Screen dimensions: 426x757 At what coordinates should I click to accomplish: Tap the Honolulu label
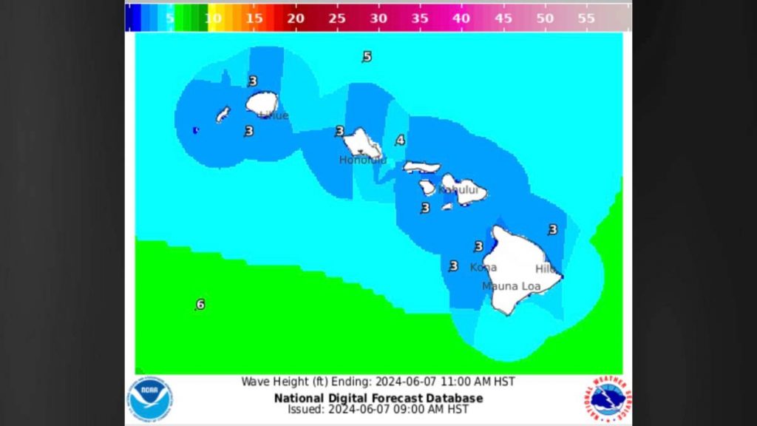pyautogui.click(x=362, y=160)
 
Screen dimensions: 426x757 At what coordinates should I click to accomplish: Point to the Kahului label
pyautogui.click(x=458, y=190)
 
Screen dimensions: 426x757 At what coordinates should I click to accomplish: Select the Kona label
pyautogui.click(x=483, y=267)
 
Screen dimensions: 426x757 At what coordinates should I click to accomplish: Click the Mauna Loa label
pyautogui.click(x=511, y=286)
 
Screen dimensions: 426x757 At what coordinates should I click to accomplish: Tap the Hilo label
pyautogui.click(x=546, y=269)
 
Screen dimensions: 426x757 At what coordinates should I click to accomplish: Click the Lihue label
pyautogui.click(x=273, y=115)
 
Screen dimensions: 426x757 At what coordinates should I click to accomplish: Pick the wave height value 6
pyautogui.click(x=200, y=305)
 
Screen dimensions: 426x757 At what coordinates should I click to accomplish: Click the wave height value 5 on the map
pyautogui.click(x=367, y=57)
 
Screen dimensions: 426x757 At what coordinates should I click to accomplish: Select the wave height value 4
pyautogui.click(x=400, y=141)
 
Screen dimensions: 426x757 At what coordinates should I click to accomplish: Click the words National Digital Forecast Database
pyautogui.click(x=378, y=398)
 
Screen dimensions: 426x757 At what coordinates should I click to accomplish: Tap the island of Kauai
pyautogui.click(x=261, y=104)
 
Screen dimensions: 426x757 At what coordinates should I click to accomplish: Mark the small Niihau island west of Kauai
pyautogui.click(x=223, y=114)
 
